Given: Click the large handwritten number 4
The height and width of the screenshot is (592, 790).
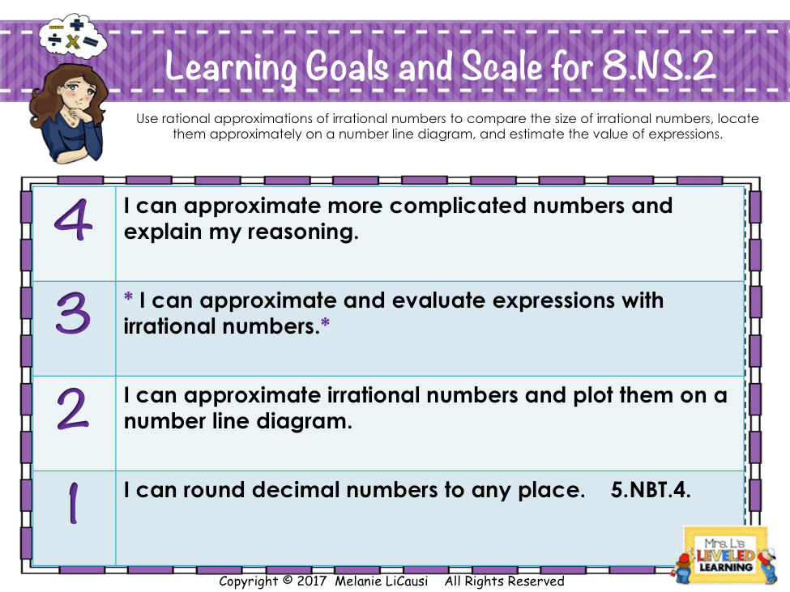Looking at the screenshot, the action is [x=74, y=219].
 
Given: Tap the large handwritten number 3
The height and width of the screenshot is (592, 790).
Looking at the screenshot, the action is [x=74, y=313].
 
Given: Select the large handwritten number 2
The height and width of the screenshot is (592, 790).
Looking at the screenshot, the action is [x=73, y=408].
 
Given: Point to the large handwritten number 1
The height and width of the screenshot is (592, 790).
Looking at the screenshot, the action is [x=74, y=503].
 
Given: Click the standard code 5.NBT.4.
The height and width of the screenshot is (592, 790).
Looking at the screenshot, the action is [x=651, y=490].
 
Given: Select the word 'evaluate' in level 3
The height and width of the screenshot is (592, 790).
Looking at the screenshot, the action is [x=438, y=300].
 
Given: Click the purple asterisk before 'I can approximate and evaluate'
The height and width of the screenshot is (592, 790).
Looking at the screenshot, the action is [x=129, y=296].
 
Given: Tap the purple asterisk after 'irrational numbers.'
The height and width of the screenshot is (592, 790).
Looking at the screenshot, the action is [x=326, y=322].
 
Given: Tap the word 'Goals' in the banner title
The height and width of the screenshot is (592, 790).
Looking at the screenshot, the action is [x=347, y=66].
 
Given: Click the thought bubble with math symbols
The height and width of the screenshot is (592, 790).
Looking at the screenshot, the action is [x=72, y=36].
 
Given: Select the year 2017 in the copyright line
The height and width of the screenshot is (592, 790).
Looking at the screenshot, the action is [x=311, y=581].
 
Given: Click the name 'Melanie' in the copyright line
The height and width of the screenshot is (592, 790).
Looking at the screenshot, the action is [x=355, y=581].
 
